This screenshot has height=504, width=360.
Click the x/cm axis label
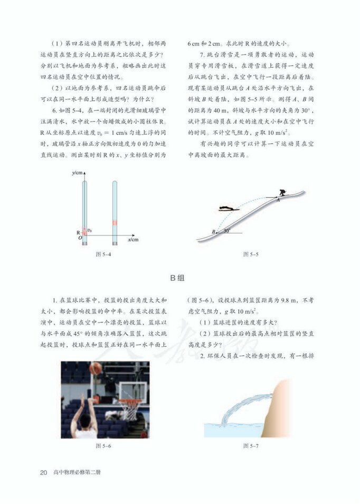133,239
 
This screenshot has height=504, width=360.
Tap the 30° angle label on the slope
227,231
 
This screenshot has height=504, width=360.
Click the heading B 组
179,277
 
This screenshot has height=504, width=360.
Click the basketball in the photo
95,368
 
